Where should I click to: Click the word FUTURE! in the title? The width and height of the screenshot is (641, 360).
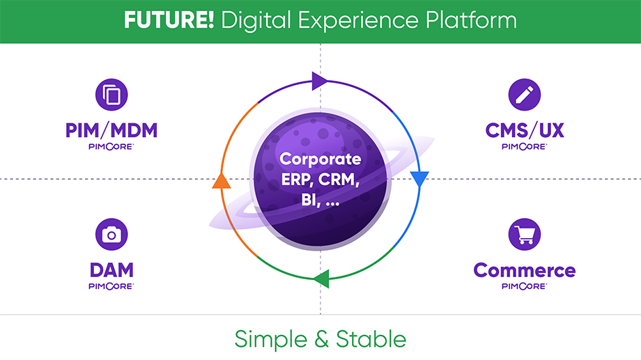[169, 20]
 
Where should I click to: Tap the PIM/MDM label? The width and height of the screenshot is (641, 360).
[111, 130]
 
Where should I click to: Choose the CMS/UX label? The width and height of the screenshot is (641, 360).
[524, 130]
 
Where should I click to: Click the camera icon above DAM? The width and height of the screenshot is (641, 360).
[111, 235]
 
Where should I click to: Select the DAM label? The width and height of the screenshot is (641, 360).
[111, 269]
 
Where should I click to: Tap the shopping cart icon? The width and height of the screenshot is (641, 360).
[524, 235]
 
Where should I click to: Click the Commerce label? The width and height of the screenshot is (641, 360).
[524, 270]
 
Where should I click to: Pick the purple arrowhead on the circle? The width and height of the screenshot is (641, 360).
[319, 81]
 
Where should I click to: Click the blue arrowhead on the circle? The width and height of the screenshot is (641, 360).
[419, 179]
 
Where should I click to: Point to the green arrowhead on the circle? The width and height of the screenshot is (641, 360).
[320, 279]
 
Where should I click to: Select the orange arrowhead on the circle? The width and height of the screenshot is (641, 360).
[221, 180]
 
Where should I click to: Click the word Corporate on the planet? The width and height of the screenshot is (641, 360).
[320, 159]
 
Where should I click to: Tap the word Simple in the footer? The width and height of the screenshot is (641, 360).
[269, 339]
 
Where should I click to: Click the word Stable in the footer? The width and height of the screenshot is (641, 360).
[371, 339]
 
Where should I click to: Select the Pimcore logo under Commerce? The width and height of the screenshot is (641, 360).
[524, 285]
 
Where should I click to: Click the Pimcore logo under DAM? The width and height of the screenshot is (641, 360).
[111, 285]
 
